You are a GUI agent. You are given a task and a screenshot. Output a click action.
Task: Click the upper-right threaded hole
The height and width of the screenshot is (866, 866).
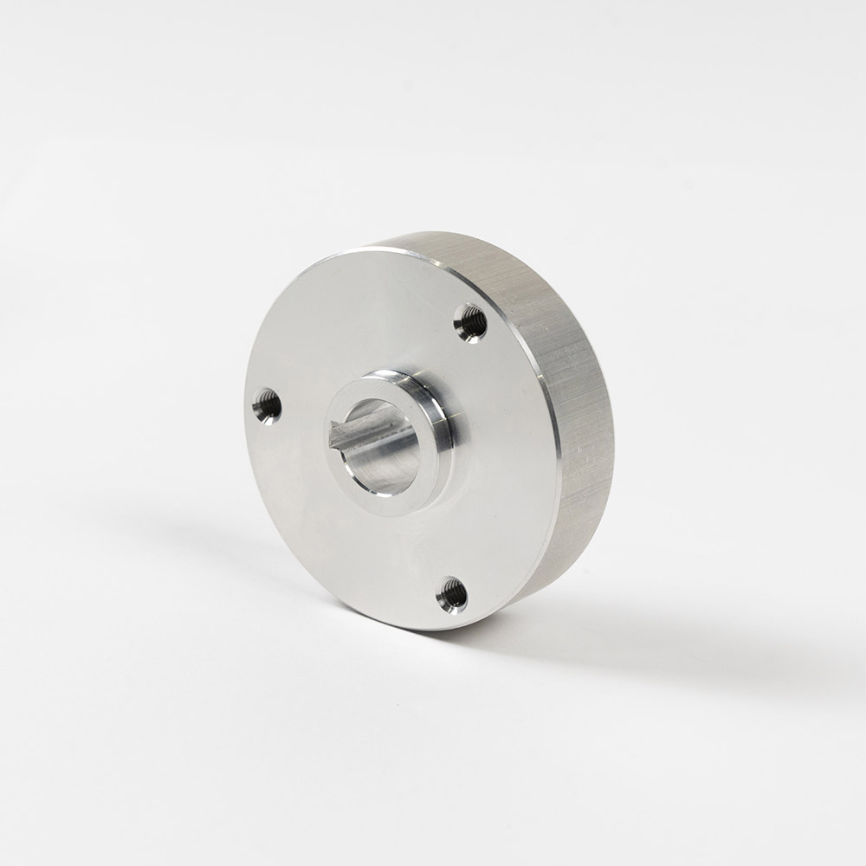click(x=470, y=321)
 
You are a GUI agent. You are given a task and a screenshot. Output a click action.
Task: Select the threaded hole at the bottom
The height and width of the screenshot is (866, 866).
click(x=452, y=594)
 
